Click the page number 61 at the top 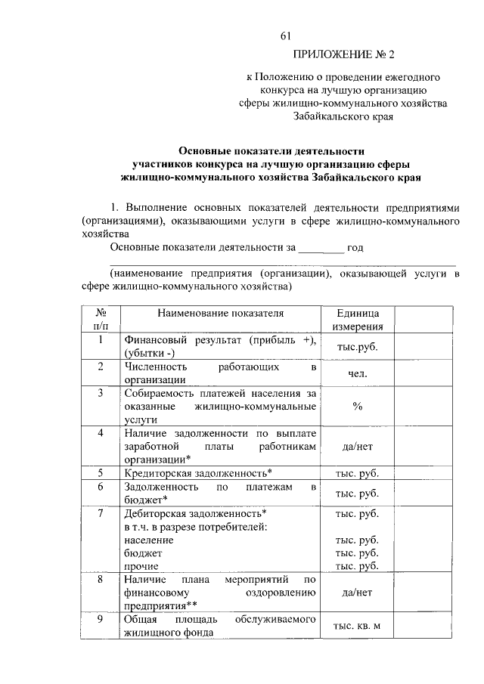click(285, 36)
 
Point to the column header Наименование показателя click(220, 312)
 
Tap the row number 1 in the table click(100, 340)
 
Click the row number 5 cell click(100, 473)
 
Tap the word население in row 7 click(148, 540)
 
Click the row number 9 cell click(100, 620)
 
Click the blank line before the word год click(321, 247)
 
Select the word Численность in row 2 click(154, 367)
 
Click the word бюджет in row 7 click(141, 553)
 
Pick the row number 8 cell click(100, 580)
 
